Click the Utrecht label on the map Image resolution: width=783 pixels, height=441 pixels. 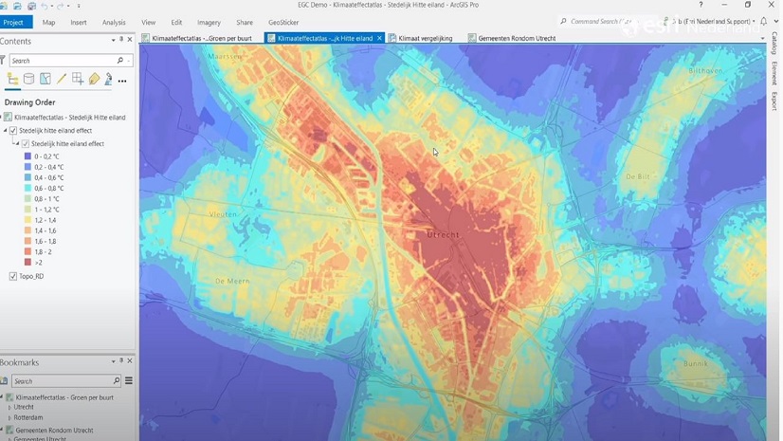tap(443, 234)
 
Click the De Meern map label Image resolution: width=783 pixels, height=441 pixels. tap(231, 281)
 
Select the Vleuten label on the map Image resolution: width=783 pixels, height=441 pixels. tap(224, 214)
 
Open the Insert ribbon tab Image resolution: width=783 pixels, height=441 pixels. tap(79, 22)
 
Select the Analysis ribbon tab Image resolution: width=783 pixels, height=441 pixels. tap(114, 22)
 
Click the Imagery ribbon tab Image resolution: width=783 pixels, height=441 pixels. tap(209, 22)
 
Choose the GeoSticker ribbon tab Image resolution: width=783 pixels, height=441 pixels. tap(283, 22)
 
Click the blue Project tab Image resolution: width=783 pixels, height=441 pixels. tap(13, 22)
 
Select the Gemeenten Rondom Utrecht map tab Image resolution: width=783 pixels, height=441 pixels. tap(517, 39)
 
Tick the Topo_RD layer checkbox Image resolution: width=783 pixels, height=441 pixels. tap(13, 276)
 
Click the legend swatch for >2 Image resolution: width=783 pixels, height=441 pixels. tap(27, 263)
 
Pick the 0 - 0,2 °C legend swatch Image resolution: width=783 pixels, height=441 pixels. tap(27, 156)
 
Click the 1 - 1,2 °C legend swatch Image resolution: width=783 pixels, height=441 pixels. tap(27, 210)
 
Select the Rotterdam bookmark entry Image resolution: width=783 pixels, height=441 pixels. tap(28, 417)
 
